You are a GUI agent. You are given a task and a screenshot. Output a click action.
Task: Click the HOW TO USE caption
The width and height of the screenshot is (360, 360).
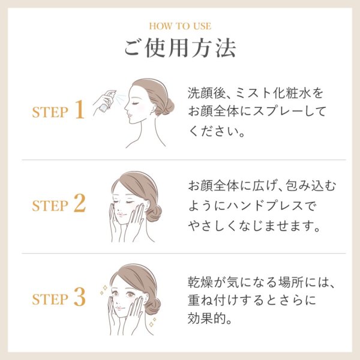(x=179, y=26)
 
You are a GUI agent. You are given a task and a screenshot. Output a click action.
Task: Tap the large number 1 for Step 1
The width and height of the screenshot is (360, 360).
(x=79, y=110)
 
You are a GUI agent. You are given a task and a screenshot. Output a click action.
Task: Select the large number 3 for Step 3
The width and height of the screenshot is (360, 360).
(x=79, y=296)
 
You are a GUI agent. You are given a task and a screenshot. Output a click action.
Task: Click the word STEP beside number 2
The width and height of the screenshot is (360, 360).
(x=49, y=206)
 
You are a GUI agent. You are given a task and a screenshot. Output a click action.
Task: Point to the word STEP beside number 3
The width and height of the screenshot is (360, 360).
(x=49, y=298)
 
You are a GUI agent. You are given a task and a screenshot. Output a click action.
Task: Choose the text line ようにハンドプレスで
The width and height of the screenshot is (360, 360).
(x=251, y=206)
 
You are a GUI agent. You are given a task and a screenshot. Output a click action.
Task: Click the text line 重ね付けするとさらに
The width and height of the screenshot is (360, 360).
(x=252, y=299)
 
